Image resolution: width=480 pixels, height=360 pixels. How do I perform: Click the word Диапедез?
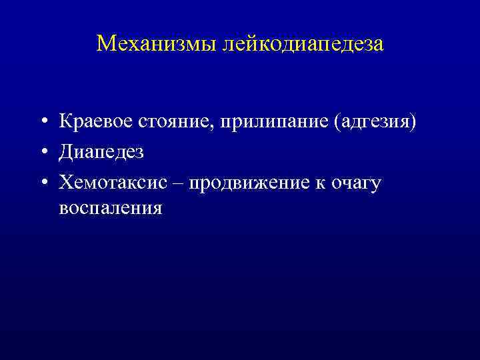(101, 152)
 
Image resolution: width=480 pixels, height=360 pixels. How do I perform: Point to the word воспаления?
(110, 209)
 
